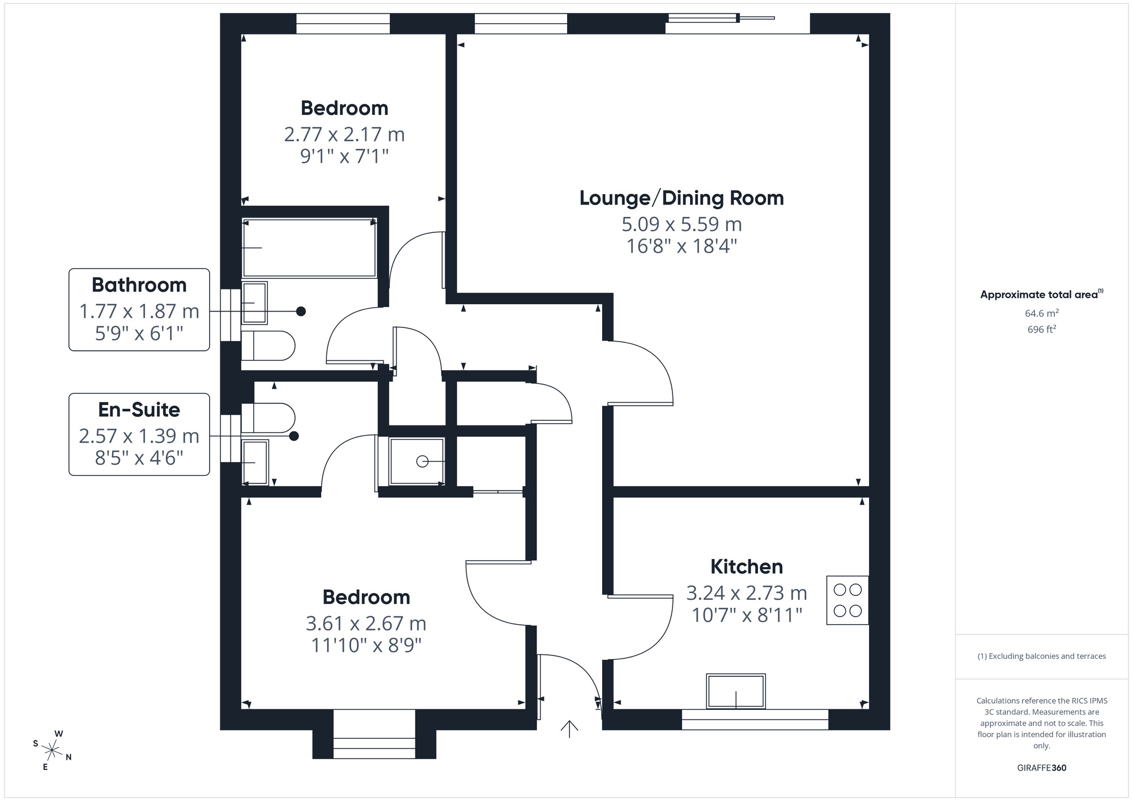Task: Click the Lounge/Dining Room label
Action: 681,198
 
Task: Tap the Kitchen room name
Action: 747,566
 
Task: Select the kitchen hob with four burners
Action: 847,600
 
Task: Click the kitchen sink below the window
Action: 736,691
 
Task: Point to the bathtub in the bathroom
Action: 309,248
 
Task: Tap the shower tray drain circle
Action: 422,462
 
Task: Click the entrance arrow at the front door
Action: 569,728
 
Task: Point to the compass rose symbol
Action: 52,751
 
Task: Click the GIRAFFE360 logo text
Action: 1041,768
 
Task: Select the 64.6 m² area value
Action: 1041,313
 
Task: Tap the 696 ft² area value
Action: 1041,329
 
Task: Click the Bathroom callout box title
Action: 139,285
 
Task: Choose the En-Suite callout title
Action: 139,410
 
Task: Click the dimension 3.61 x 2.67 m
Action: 366,624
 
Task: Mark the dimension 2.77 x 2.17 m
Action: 344,135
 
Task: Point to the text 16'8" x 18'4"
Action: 681,246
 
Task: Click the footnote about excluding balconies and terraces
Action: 1041,657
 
